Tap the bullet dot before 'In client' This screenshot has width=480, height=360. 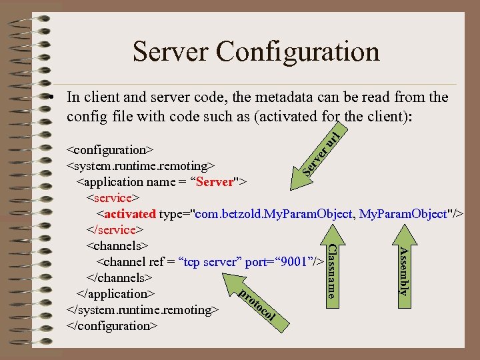click(x=51, y=97)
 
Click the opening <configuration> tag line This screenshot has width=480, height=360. click(x=111, y=149)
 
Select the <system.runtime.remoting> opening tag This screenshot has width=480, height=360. click(x=140, y=165)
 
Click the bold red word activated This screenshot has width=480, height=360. click(x=130, y=213)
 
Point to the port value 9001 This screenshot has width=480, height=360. click(x=293, y=261)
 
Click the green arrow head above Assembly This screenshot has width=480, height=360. click(x=403, y=234)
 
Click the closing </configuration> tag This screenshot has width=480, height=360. click(x=113, y=325)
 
